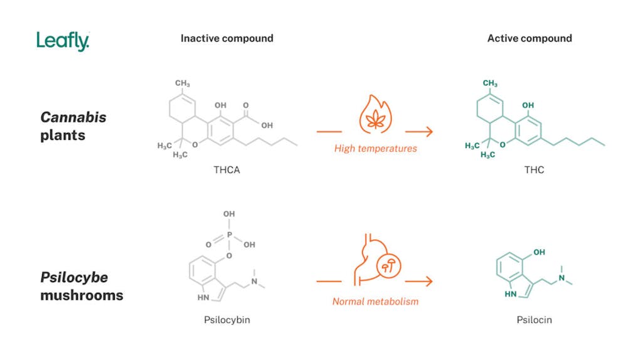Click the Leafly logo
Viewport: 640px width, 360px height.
pyautogui.click(x=63, y=41)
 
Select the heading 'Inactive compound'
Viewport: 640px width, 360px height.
pyautogui.click(x=227, y=38)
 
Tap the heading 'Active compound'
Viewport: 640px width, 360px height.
pyautogui.click(x=530, y=38)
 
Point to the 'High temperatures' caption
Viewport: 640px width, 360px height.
pyautogui.click(x=375, y=149)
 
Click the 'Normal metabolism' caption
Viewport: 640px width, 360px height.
pyautogui.click(x=375, y=302)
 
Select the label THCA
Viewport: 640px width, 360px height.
pyautogui.click(x=227, y=170)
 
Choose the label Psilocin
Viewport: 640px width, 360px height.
pyautogui.click(x=534, y=320)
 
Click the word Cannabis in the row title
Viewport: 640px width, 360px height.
pyautogui.click(x=73, y=117)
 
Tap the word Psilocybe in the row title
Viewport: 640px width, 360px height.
pyautogui.click(x=74, y=278)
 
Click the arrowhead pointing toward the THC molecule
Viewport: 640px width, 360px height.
pyautogui.click(x=429, y=132)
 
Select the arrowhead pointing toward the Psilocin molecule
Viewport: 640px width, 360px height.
pyautogui.click(x=429, y=282)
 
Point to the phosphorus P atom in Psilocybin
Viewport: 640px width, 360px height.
pyautogui.click(x=230, y=234)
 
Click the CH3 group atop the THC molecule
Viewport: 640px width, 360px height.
pyautogui.click(x=490, y=83)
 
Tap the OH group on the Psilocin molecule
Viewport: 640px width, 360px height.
pyautogui.click(x=537, y=253)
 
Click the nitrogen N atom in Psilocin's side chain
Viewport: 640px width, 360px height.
pyautogui.click(x=562, y=278)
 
